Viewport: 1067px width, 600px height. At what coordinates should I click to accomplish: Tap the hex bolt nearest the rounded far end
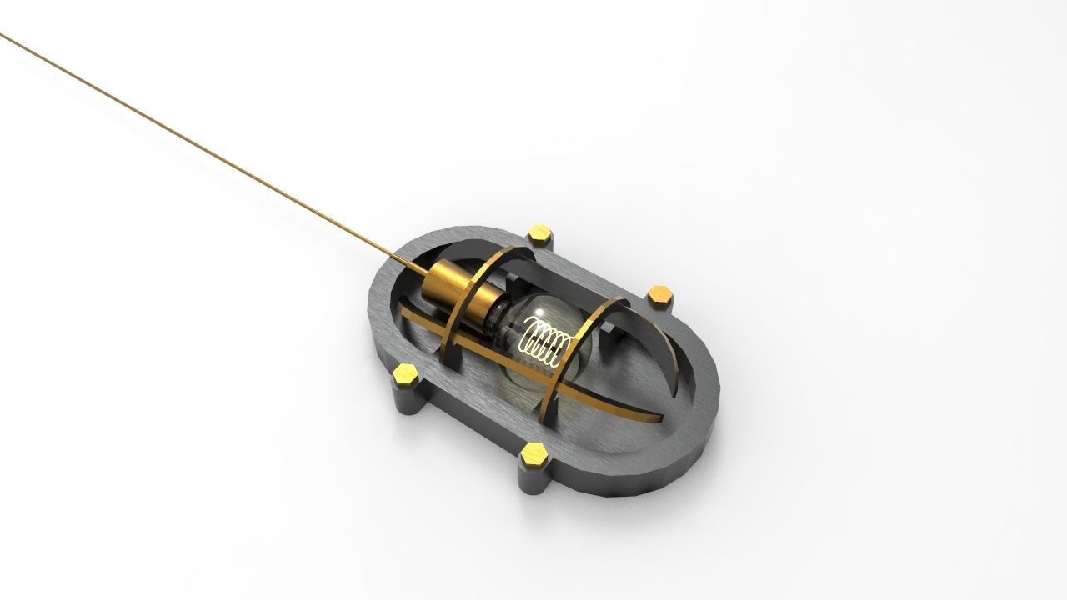coord(660,292)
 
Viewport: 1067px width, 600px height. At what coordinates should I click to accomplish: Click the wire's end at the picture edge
coord(3,34)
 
